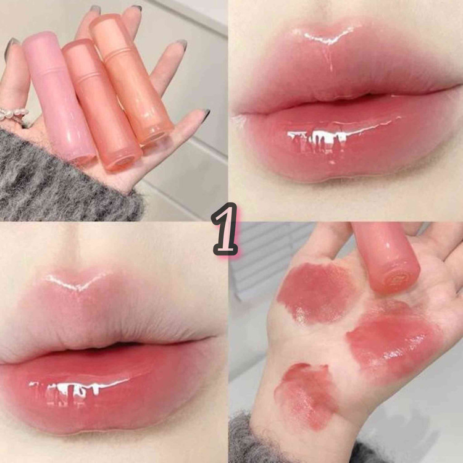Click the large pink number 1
(225, 229)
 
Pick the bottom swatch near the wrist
(307, 394)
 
